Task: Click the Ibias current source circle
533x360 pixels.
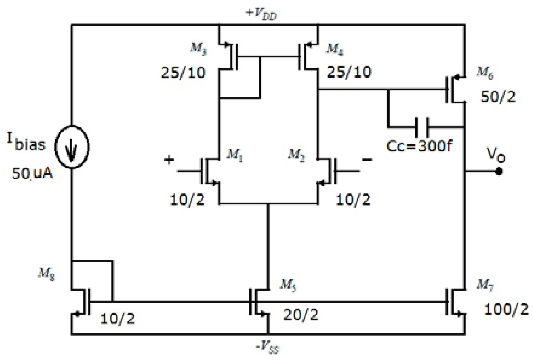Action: point(72,147)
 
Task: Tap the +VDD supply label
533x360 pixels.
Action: point(261,14)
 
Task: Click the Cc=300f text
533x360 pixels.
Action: point(419,146)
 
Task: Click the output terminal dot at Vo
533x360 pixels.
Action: point(499,172)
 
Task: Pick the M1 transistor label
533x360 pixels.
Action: point(235,155)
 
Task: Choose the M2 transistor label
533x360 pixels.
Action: point(296,155)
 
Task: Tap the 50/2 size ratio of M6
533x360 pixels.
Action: point(498,97)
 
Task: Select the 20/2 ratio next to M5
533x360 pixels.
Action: point(301,315)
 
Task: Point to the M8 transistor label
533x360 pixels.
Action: point(47,274)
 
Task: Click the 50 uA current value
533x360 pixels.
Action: point(32,174)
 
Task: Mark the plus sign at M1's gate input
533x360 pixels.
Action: point(169,160)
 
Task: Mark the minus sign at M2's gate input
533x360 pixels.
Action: point(367,159)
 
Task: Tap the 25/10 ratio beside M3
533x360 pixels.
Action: point(183,73)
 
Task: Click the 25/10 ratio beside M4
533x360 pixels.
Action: point(349,72)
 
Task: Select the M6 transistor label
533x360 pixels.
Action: point(485,73)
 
